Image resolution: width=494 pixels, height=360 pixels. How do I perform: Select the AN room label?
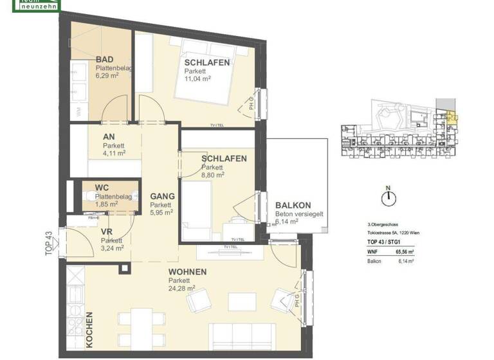(x=109, y=137)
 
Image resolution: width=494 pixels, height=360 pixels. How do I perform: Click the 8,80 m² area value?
(x=212, y=174)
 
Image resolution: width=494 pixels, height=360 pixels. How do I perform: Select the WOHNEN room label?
(x=187, y=272)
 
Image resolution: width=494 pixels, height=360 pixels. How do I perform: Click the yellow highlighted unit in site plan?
(x=452, y=117)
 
